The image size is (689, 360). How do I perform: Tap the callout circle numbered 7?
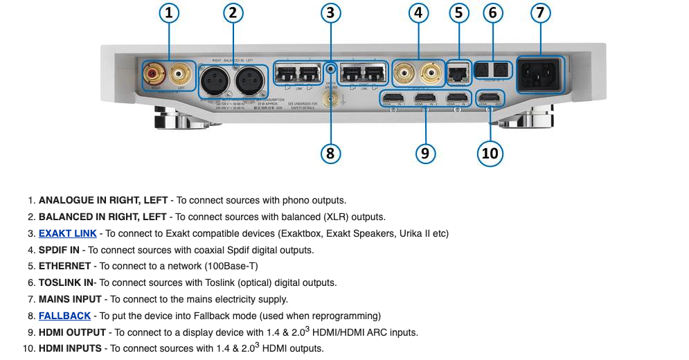[542, 12]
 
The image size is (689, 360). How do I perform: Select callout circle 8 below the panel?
[330, 153]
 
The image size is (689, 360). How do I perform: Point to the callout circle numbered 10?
[490, 153]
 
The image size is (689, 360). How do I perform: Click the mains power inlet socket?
[541, 74]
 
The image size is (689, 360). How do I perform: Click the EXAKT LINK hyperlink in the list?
[67, 233]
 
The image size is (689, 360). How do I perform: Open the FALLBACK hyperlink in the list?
[64, 316]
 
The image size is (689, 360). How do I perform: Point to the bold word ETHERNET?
[64, 266]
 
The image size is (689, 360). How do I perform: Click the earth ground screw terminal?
[329, 100]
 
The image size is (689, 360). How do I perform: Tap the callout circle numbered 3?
[330, 12]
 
